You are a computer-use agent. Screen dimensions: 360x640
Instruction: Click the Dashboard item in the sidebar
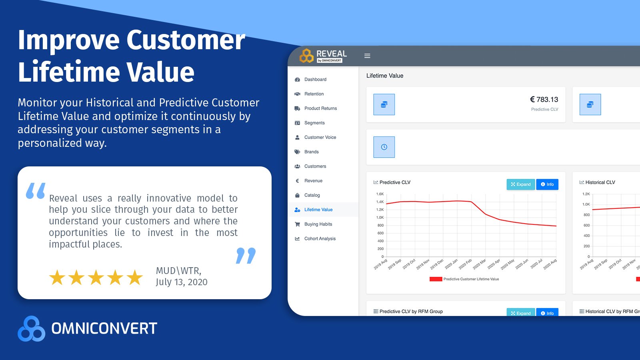coord(315,80)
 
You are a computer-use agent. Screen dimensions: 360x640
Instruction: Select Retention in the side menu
coord(314,94)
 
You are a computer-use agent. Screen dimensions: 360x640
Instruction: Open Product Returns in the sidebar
coord(320,108)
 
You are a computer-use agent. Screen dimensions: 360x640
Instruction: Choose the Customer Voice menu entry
coord(320,137)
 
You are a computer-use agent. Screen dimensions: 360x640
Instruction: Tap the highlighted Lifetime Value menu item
coord(318,210)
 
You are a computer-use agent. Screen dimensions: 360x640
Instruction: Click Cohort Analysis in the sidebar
coord(320,239)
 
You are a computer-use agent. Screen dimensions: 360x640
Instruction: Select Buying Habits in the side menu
coord(318,224)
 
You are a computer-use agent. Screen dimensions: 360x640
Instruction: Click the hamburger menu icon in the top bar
coord(367,56)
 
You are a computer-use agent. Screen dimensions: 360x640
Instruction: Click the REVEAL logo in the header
coord(323,56)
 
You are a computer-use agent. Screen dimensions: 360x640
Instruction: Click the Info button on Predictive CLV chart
coord(547,184)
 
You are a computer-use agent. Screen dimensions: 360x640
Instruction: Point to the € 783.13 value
coord(544,100)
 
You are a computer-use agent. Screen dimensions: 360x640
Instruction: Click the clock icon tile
coord(384,147)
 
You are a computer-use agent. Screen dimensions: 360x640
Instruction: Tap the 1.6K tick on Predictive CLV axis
coord(380,194)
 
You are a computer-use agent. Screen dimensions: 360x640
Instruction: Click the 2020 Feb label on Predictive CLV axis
coord(466,264)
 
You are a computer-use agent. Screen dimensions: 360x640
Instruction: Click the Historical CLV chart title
coord(600,182)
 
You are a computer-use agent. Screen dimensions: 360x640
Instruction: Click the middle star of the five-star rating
coord(96,278)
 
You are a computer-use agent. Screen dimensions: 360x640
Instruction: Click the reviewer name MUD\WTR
coord(178,271)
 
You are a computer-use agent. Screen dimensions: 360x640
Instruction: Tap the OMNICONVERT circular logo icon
coord(31,329)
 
